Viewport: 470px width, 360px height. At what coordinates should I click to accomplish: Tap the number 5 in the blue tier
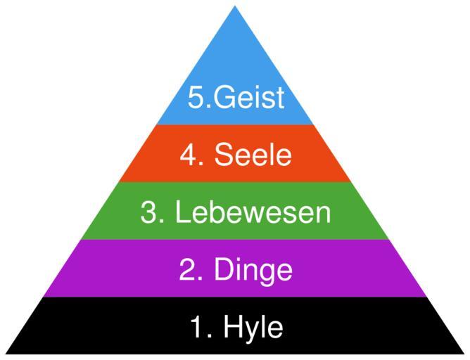click(196, 97)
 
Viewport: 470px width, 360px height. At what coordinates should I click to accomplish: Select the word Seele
click(253, 155)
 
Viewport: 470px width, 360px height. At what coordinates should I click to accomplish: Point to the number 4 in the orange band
click(188, 155)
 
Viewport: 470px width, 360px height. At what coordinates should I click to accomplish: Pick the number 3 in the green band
click(149, 212)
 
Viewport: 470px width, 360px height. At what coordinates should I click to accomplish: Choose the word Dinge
click(253, 270)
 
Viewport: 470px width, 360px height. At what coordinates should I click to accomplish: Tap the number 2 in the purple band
click(188, 270)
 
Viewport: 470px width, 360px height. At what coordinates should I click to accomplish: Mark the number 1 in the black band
click(197, 328)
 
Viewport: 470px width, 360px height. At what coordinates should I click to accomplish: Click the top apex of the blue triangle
click(235, 7)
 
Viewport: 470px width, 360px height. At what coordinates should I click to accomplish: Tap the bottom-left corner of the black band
click(6, 353)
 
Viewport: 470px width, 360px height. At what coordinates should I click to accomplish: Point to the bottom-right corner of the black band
click(464, 353)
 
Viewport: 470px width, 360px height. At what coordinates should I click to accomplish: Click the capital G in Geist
click(224, 97)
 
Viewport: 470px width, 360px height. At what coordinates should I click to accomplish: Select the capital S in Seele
click(225, 155)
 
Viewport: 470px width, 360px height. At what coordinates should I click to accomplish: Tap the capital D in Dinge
click(225, 270)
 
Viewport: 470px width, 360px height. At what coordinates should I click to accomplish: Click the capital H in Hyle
click(234, 328)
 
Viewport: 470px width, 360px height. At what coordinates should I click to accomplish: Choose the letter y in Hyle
click(252, 330)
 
